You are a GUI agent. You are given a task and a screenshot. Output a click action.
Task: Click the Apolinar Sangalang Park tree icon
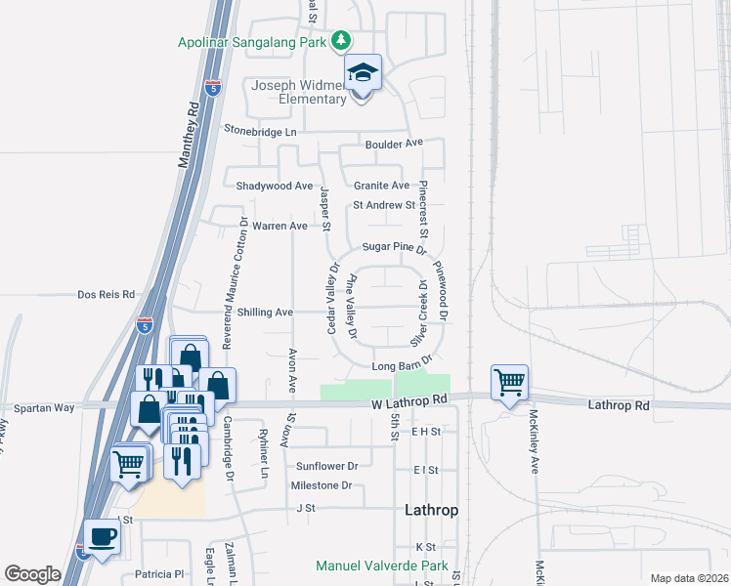pos(341,41)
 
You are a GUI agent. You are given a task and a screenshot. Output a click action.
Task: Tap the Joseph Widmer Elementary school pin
pos(362,73)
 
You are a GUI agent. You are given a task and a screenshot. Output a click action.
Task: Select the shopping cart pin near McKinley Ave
pos(509,383)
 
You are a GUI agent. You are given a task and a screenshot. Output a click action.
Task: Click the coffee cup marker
pos(101,535)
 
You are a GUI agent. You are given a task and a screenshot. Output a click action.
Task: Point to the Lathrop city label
pos(431,510)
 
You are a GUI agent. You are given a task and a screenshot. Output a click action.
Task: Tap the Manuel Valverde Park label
pos(381,565)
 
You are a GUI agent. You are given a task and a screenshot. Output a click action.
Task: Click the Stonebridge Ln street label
pos(259,131)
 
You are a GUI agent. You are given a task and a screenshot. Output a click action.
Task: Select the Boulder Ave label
pos(394,143)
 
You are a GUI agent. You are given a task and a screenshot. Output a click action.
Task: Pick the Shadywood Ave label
pos(275,186)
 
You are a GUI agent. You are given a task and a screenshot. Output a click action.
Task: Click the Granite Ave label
pos(381,186)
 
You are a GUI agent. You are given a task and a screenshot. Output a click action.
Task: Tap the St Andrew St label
pos(384,205)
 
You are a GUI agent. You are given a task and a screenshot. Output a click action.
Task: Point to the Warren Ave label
pos(279,227)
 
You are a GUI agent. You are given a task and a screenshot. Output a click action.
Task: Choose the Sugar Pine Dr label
pos(395,248)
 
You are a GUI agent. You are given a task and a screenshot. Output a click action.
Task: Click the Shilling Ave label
pos(265,313)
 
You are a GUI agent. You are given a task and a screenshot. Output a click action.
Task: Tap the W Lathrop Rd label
pos(408,399)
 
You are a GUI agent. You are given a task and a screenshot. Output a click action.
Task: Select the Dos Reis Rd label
pos(106,294)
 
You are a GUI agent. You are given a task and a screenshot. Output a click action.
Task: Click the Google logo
pos(32,574)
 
